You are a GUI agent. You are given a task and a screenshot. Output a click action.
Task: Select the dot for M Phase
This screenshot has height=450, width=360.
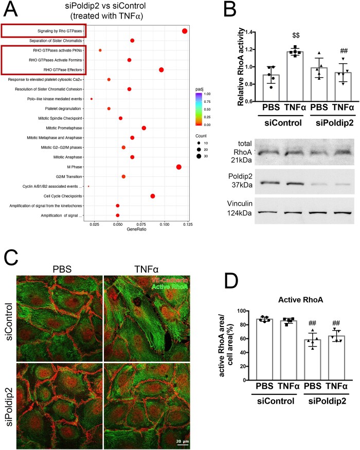(x=178, y=167)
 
